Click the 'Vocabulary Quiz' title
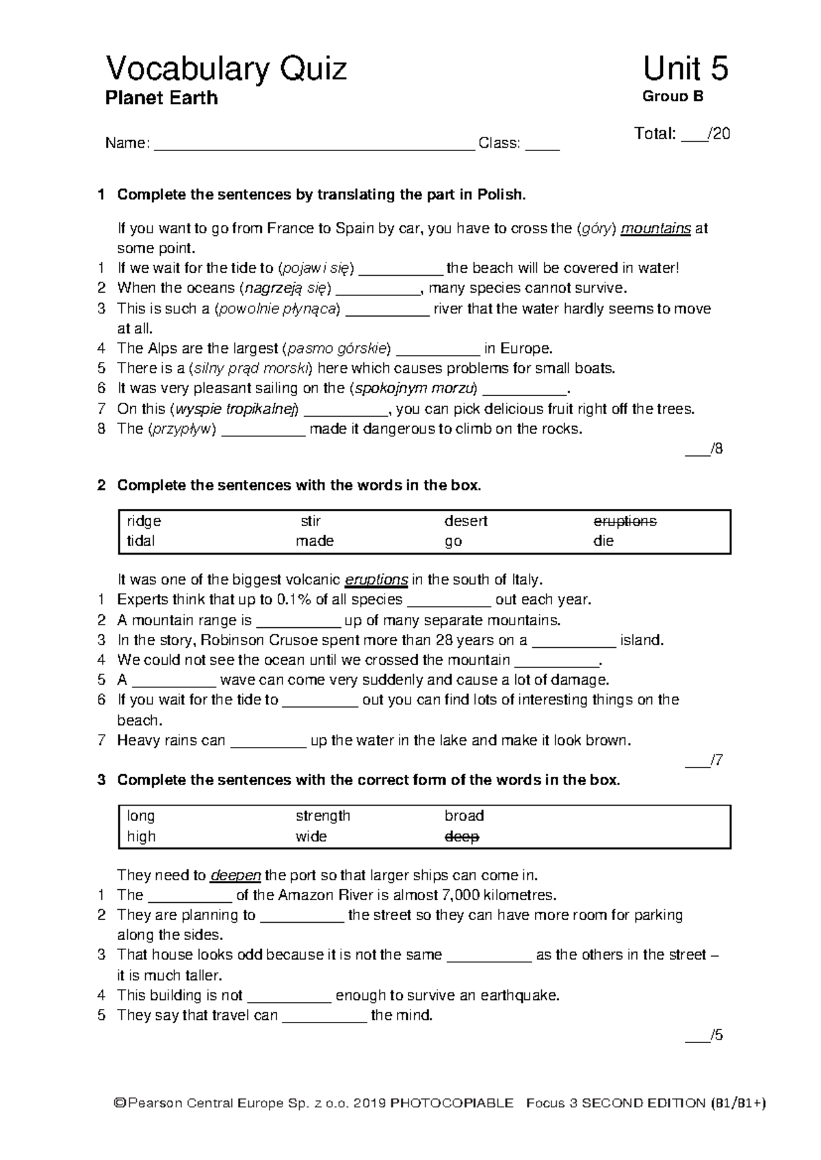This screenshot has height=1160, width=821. [226, 70]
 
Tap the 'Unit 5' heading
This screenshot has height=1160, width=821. [685, 69]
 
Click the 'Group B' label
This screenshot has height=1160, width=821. [673, 96]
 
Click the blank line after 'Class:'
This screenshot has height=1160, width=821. [542, 145]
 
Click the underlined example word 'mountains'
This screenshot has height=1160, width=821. [655, 228]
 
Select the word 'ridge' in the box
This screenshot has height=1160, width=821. [144, 521]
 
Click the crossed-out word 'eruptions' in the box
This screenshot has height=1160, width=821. [625, 521]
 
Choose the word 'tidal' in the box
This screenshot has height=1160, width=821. [141, 541]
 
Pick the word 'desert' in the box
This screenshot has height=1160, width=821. [465, 521]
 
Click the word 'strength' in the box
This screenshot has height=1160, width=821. [323, 816]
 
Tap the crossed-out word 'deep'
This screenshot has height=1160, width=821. [462, 836]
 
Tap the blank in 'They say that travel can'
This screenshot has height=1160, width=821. [324, 1016]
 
